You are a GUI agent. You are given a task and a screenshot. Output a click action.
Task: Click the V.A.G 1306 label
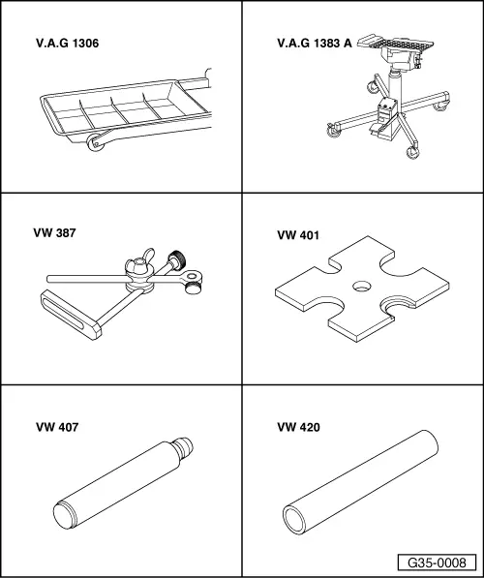click(68, 44)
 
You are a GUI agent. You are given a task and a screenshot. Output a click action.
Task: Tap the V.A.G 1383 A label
click(315, 44)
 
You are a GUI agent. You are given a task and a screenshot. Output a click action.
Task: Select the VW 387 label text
click(54, 233)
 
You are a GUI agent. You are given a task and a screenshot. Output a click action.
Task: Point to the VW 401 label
click(298, 235)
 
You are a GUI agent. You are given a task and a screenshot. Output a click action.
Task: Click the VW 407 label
click(57, 427)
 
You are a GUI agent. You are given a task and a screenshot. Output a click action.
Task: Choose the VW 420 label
click(298, 427)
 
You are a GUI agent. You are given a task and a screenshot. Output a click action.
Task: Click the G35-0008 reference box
click(437, 563)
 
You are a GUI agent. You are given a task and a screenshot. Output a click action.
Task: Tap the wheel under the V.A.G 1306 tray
click(95, 142)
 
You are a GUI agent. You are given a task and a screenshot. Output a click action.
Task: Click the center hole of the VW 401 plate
click(362, 286)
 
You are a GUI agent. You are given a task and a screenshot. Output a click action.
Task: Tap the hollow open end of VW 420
click(294, 520)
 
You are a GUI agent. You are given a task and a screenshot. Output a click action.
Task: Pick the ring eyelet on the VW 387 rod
click(192, 275)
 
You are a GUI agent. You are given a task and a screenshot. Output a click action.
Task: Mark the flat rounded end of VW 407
click(64, 515)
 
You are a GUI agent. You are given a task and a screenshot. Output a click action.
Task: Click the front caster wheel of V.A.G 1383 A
click(411, 152)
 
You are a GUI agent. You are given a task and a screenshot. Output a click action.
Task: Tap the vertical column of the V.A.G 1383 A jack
click(395, 85)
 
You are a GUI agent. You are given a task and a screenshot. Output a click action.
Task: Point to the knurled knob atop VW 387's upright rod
click(176, 259)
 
